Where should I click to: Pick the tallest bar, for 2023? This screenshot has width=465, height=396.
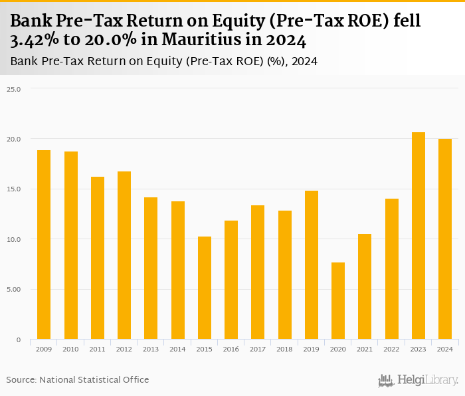418,236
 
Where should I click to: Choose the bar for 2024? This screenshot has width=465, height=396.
444,239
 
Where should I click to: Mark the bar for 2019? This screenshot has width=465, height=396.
311,265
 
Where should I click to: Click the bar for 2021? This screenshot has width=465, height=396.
365,286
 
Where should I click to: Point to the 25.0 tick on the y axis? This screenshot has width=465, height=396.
15,88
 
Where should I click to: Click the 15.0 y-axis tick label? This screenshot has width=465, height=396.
15,189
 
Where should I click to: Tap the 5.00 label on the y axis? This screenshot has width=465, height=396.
15,289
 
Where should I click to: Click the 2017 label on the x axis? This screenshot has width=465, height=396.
257,349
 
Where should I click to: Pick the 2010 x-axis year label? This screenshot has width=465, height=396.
70,349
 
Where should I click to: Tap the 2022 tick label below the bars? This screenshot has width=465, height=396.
391,349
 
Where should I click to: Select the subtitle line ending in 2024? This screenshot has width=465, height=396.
163,62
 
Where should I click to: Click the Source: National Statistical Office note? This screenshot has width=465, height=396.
78,379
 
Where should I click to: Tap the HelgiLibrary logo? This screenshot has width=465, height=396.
418,380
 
